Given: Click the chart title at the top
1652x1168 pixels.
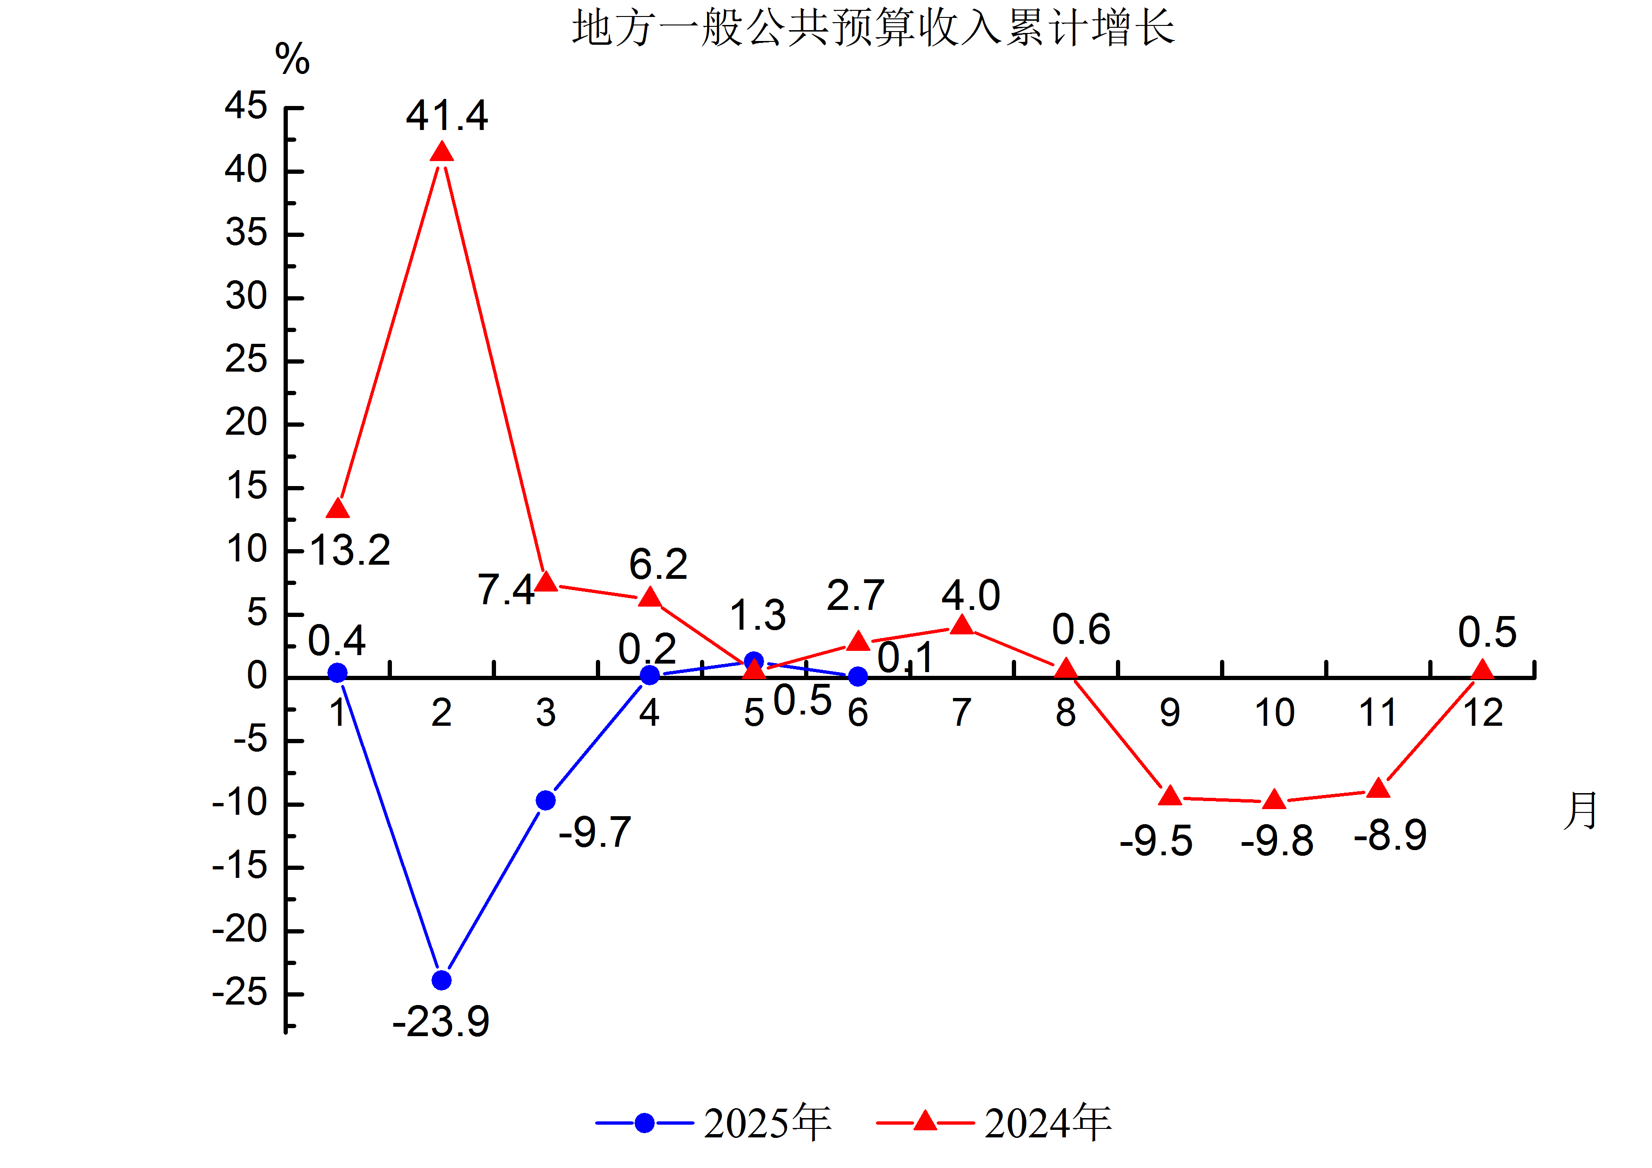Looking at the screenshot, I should click(873, 29).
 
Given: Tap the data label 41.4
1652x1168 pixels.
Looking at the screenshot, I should click(447, 116).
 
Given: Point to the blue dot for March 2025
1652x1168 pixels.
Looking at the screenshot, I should click(545, 801).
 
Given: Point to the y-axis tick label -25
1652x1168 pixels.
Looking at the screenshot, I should click(240, 993).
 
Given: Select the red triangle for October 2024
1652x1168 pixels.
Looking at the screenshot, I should click(1274, 799).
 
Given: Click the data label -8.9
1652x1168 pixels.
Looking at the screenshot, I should click(1390, 835).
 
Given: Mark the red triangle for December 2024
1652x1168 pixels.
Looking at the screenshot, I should click(1482, 670).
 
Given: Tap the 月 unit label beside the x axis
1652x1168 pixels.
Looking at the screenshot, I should click(1580, 811).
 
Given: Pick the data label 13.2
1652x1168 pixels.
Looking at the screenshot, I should click(350, 551).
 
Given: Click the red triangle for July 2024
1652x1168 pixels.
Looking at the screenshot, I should click(962, 625).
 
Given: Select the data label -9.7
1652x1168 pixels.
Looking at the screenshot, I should click(595, 833).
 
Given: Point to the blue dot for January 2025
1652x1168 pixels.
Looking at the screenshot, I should click(337, 673).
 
